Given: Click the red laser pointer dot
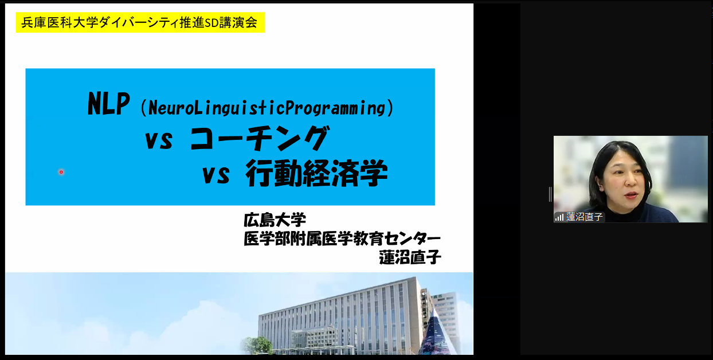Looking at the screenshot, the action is click(61, 172).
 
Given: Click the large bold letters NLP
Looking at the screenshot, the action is click(108, 104).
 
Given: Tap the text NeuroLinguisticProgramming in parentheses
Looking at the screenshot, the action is click(267, 108).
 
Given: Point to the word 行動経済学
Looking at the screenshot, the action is click(317, 174).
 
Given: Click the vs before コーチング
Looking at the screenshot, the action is click(159, 140).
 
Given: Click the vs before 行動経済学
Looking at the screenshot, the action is click(216, 175).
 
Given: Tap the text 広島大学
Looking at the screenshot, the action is click(275, 220).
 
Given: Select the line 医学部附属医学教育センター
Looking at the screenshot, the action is click(342, 238).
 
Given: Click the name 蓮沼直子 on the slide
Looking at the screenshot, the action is click(410, 257).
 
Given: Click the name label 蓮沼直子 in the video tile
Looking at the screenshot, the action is click(585, 217).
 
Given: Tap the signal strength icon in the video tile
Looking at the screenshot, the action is click(559, 217).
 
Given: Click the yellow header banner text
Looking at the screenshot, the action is click(139, 22).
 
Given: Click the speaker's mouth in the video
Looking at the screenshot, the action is click(631, 195).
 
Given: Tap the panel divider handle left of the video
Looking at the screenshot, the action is click(550, 194).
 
